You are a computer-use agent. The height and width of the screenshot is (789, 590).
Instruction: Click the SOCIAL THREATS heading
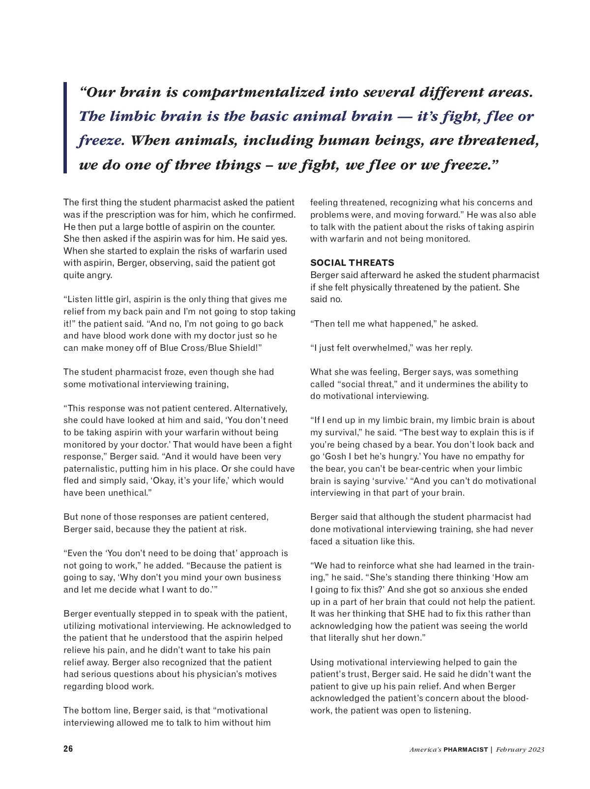coord(352,263)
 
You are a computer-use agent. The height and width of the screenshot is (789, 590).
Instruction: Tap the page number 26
coord(68,749)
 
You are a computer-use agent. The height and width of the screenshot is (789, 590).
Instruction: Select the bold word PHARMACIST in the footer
coord(466,750)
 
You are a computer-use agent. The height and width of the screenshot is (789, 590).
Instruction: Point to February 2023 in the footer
coord(520,750)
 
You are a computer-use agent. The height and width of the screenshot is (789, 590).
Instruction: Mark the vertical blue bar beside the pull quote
coord(65,128)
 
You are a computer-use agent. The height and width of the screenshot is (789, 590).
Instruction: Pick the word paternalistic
coord(89,469)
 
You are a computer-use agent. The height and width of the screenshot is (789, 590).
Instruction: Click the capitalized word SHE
coord(416,614)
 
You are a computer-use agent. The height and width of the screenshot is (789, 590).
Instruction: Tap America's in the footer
coord(425,750)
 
